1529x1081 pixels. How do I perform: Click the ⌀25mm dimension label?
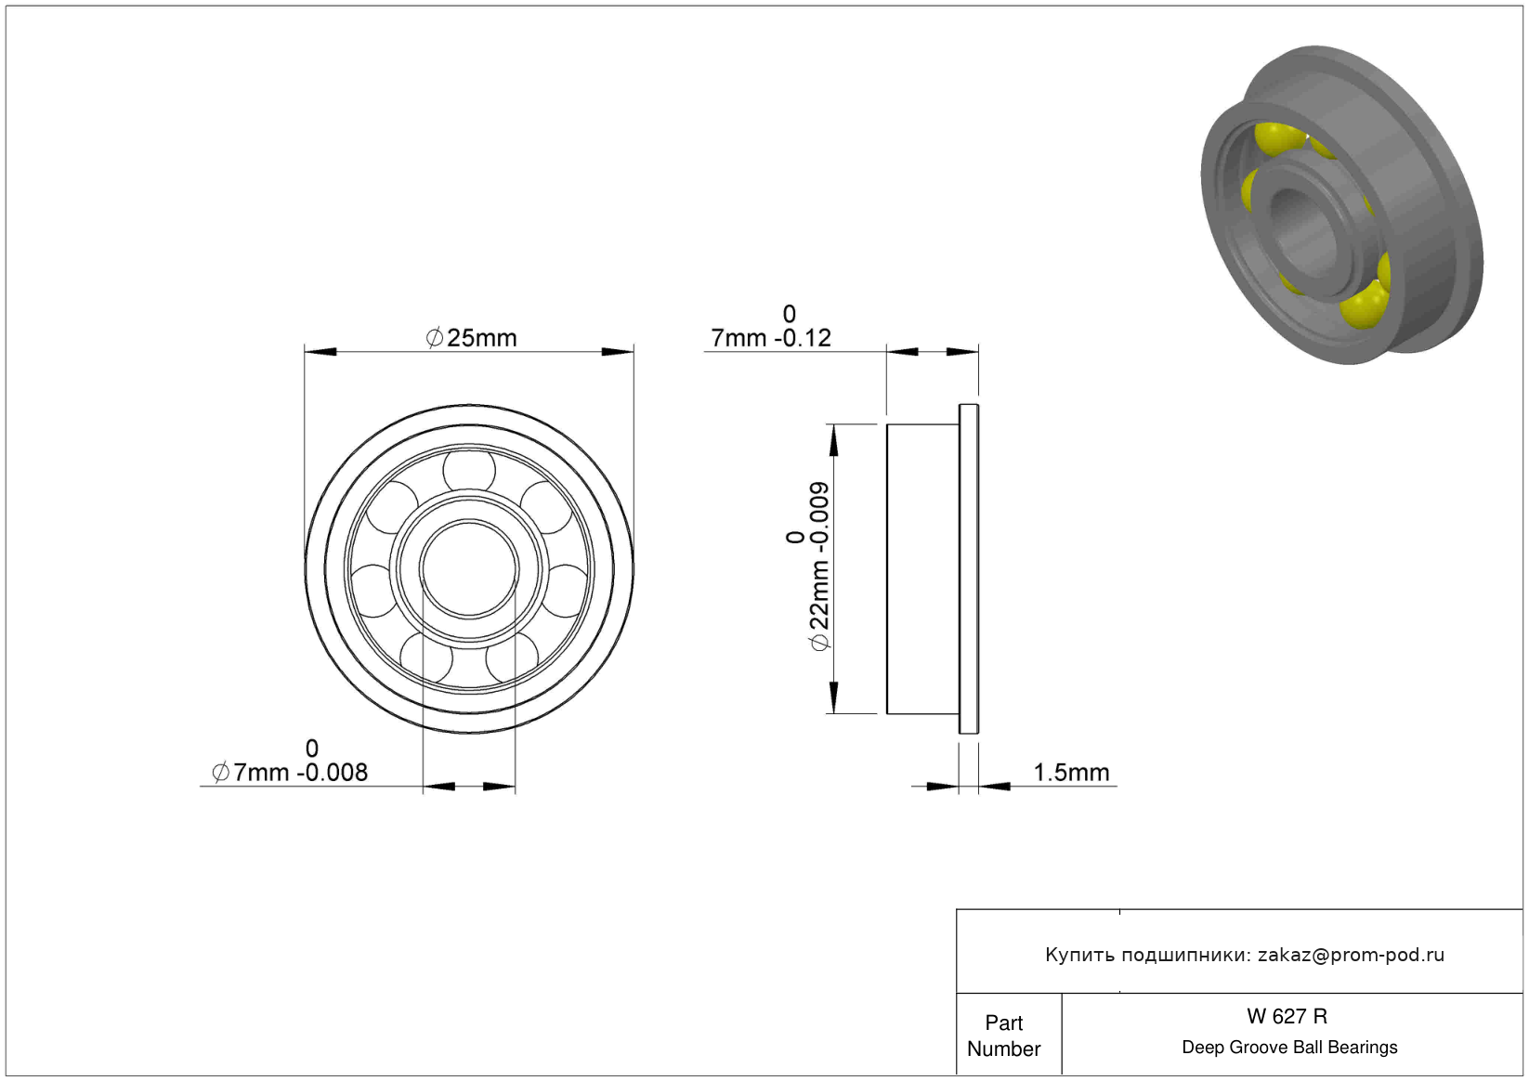[471, 338]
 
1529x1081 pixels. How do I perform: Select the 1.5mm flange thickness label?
[1071, 773]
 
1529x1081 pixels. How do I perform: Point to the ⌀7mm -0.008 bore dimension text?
[290, 761]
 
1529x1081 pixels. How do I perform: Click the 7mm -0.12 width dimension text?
[771, 327]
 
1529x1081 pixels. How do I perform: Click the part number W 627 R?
[1287, 1016]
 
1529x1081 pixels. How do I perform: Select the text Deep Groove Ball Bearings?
[1289, 1047]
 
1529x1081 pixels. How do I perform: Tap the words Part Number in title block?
[1003, 1035]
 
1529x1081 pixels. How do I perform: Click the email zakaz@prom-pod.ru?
[1351, 955]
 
